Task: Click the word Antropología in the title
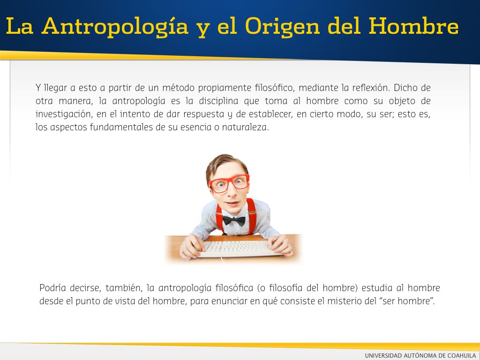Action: click(115, 27)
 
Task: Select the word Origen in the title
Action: click(282, 27)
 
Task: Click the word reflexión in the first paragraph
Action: click(371, 88)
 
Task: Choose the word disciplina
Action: click(218, 101)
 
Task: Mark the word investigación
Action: click(64, 114)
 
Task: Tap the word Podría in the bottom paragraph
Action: click(52, 288)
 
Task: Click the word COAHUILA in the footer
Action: click(462, 355)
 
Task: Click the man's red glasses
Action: click(229, 184)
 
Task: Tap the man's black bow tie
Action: click(234, 220)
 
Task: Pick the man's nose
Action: click(232, 192)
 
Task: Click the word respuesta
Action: click(203, 114)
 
